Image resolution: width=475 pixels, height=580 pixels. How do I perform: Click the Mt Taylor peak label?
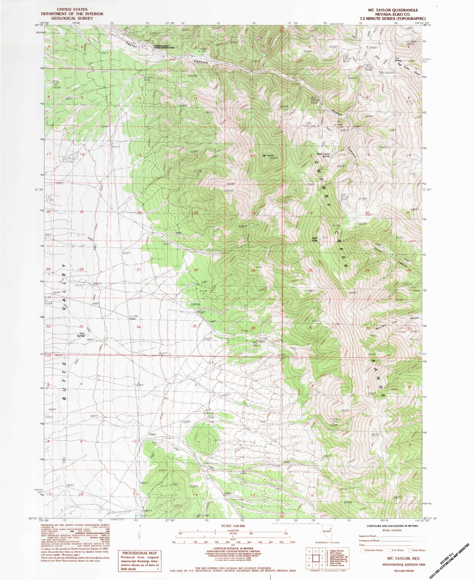coord(268,156)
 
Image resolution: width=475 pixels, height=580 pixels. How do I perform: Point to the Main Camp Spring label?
coord(323,155)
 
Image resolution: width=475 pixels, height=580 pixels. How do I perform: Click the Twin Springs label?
coord(81,335)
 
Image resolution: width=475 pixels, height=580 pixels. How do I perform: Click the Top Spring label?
coord(398,59)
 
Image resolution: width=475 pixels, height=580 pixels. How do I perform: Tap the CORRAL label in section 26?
coord(196,304)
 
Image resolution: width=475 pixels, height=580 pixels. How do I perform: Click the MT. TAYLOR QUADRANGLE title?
coord(398,10)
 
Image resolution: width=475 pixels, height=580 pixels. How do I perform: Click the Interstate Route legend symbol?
coord(362,550)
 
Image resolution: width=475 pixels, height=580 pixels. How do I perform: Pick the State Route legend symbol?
coord(410,550)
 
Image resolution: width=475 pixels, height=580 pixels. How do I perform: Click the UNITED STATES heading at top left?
coord(72,10)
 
